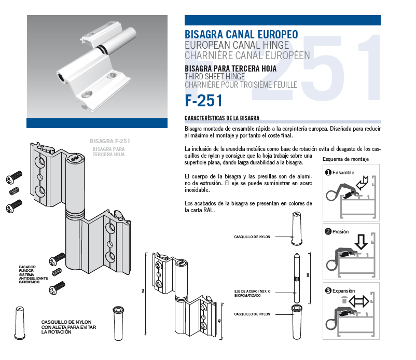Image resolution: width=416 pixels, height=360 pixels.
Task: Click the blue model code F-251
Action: [x=203, y=101]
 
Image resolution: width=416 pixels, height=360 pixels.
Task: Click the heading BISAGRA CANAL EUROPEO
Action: [x=241, y=34]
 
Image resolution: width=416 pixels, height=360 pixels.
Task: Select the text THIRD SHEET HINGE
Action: [x=215, y=77]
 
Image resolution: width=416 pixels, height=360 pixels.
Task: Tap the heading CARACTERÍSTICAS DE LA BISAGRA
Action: [x=222, y=118]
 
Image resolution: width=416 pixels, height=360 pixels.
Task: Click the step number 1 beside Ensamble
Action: [x=328, y=172]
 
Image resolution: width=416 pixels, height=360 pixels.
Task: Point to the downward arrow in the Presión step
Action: [x=361, y=241]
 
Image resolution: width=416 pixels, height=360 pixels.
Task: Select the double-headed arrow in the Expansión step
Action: [x=358, y=301]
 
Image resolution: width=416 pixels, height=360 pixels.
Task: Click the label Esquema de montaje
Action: [x=345, y=159]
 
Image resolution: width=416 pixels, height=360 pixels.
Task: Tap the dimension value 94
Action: [x=143, y=291]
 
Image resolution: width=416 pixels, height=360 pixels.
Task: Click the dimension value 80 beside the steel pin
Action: [x=308, y=275]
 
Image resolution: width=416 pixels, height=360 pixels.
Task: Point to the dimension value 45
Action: [x=219, y=321]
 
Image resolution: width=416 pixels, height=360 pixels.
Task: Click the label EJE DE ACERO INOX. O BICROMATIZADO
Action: [x=252, y=294]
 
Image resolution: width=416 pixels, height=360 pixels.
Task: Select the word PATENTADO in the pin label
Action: [x=29, y=282]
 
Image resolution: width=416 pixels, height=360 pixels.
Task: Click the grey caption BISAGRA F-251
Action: [x=110, y=141]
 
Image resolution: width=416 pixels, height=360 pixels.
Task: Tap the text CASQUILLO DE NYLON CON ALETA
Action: [x=68, y=324]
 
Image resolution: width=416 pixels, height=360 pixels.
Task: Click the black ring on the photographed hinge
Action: [x=101, y=50]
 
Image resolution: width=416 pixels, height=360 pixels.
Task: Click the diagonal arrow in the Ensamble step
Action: [x=362, y=183]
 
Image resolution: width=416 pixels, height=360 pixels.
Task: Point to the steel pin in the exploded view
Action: [x=297, y=278]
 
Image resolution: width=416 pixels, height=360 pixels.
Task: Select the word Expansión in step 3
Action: [x=343, y=291]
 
